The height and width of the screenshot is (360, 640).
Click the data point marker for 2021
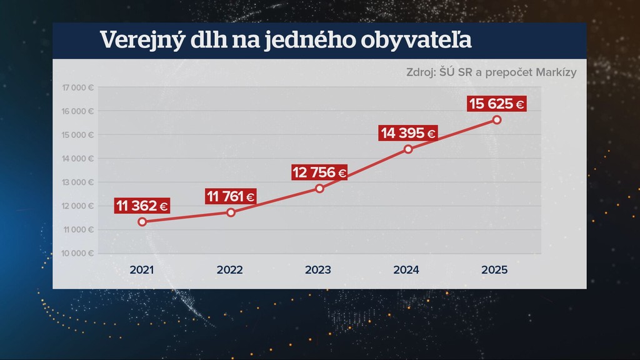pyautogui.click(x=142, y=222)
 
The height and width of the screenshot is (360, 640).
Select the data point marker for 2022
pyautogui.click(x=231, y=212)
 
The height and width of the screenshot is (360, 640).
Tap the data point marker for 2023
pyautogui.click(x=319, y=188)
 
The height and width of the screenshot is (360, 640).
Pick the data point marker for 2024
pyautogui.click(x=408, y=149)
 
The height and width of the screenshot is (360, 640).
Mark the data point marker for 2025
pyautogui.click(x=497, y=119)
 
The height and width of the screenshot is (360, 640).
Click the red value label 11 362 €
pyautogui.click(x=142, y=206)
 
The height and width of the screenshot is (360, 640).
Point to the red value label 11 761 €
pyautogui.click(x=231, y=196)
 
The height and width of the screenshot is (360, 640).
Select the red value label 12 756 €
pyautogui.click(x=319, y=172)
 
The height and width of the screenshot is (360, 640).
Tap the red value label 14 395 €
pyautogui.click(x=407, y=133)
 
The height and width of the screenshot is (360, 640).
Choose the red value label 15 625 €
pyautogui.click(x=497, y=104)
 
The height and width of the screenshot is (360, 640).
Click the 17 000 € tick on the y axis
pyautogui.click(x=78, y=87)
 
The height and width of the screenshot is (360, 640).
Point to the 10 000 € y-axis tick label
pyautogui.click(x=78, y=254)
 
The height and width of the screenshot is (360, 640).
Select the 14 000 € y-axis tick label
pyautogui.click(x=78, y=159)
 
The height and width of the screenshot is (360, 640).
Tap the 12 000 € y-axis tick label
pyautogui.click(x=78, y=206)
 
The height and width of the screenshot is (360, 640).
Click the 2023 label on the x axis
pyautogui.click(x=318, y=271)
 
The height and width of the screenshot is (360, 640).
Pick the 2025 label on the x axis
pyautogui.click(x=494, y=271)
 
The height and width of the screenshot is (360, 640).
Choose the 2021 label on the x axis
pyautogui.click(x=142, y=271)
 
